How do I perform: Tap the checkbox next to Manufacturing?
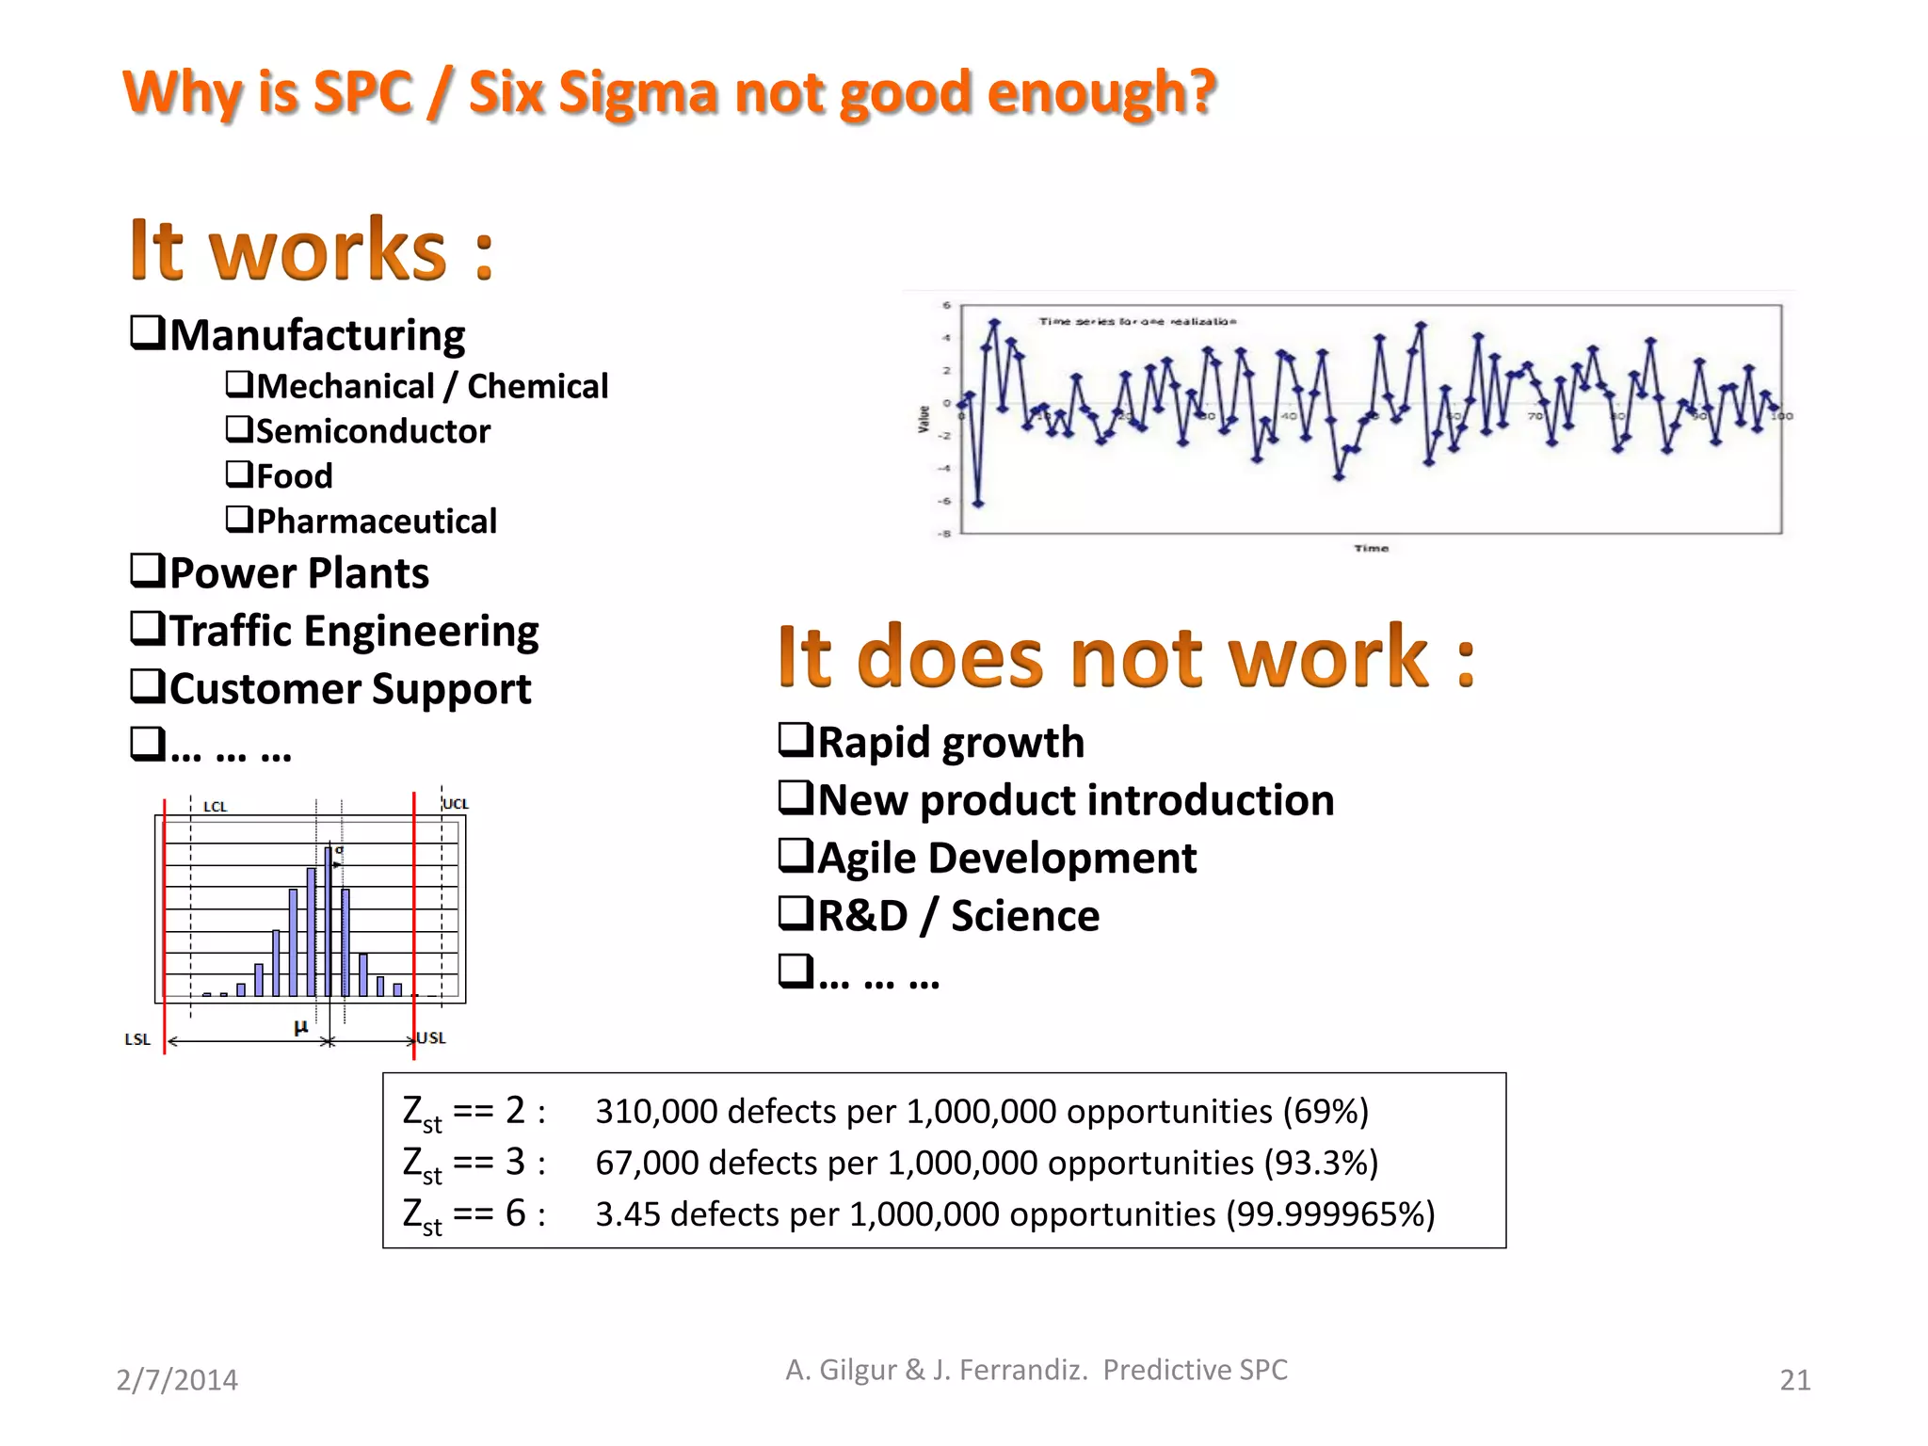click(148, 332)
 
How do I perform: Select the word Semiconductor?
click(373, 431)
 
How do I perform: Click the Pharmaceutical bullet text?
click(377, 521)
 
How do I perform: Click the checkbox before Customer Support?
click(148, 686)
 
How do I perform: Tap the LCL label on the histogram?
click(215, 807)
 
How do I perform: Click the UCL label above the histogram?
click(456, 803)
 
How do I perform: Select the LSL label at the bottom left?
click(137, 1039)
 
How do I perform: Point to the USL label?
click(431, 1037)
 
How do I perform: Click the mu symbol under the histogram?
click(300, 1027)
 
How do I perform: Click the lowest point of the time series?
click(978, 504)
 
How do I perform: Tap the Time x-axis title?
click(1371, 548)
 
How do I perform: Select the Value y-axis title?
click(924, 419)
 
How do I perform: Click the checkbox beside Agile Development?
click(795, 856)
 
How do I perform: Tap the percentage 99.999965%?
click(1329, 1214)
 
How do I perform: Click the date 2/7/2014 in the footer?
click(177, 1380)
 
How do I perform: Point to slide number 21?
click(1794, 1380)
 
